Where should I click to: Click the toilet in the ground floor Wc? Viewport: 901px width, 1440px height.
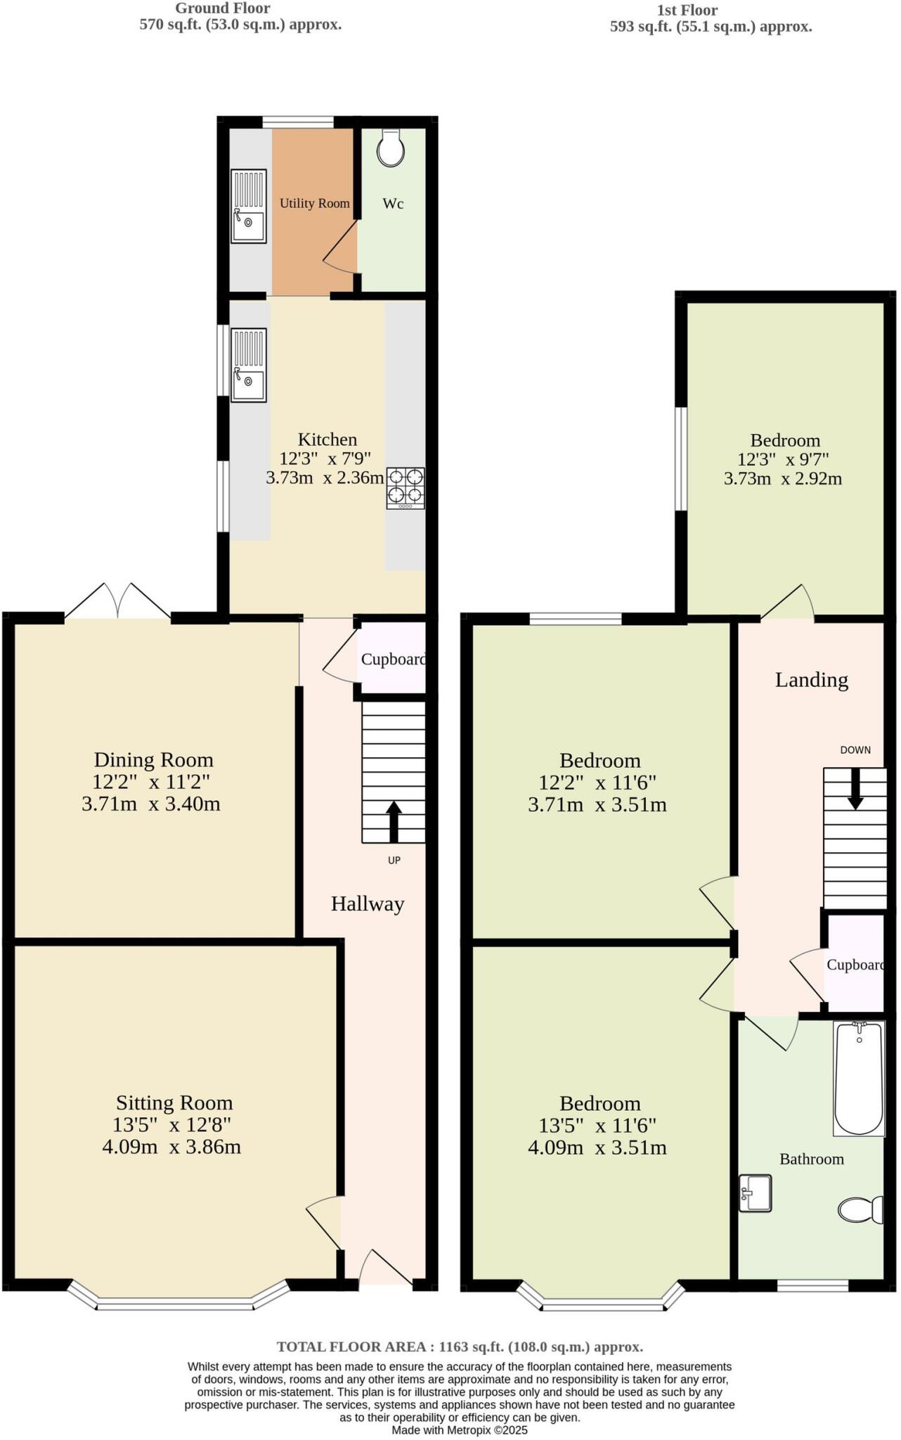391,147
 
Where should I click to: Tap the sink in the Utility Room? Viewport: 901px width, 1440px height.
249,206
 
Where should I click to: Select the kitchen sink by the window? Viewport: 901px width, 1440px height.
249,365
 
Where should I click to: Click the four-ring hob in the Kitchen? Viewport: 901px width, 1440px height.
406,488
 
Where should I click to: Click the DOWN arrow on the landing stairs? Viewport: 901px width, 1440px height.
855,788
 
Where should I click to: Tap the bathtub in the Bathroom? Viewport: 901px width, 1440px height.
858,1078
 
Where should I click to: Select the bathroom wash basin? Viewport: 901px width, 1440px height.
755,1193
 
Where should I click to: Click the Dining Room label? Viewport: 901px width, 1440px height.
153,759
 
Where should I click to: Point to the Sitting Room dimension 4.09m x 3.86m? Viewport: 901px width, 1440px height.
171,1147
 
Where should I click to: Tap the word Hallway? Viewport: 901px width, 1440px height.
368,904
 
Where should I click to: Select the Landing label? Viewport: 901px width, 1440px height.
811,680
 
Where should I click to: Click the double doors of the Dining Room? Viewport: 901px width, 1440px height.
118,602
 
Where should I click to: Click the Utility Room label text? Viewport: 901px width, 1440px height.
314,203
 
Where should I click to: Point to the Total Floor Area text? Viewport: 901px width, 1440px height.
460,1346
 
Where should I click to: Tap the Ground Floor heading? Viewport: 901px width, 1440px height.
222,8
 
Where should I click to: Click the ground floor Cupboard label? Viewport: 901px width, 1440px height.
393,659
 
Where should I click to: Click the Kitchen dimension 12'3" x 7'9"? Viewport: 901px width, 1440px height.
325,459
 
